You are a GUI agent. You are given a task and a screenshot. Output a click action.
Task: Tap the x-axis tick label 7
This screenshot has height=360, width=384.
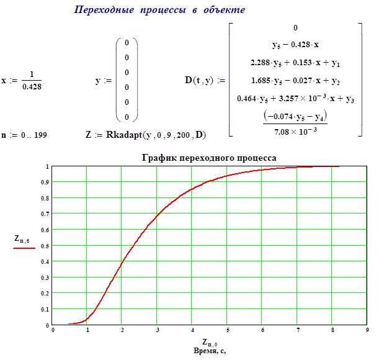pyautogui.click(x=297, y=330)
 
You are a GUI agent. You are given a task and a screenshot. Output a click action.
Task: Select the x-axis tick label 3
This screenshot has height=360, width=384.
pyautogui.click(x=157, y=330)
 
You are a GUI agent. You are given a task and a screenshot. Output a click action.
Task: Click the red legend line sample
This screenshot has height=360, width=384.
pyautogui.click(x=24, y=247)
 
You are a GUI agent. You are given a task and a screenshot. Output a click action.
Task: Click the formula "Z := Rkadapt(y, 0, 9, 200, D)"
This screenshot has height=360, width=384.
pyautogui.click(x=146, y=134)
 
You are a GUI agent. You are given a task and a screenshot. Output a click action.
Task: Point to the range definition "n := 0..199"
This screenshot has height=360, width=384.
pyautogui.click(x=24, y=134)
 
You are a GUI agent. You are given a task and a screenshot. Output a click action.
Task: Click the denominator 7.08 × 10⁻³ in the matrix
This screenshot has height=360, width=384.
pyautogui.click(x=295, y=128)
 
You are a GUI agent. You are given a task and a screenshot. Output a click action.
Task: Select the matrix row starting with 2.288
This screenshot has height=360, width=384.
pyautogui.click(x=295, y=63)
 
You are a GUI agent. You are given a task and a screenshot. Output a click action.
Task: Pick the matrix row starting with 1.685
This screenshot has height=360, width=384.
pyautogui.click(x=295, y=80)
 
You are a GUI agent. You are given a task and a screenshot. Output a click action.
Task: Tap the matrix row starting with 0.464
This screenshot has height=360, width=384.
pyautogui.click(x=295, y=97)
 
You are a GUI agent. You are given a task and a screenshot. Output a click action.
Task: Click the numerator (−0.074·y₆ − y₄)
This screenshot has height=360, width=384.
pyautogui.click(x=295, y=115)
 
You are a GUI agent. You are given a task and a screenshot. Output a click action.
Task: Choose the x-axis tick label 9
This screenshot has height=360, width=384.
pyautogui.click(x=367, y=330)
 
